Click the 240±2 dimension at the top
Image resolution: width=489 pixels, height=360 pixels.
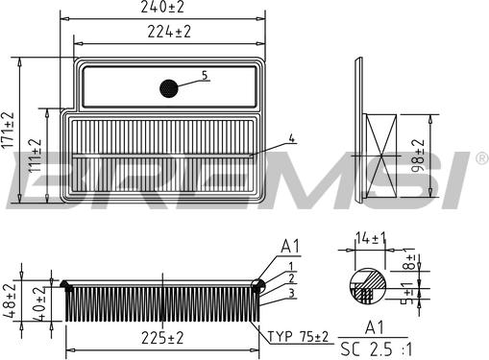tap(162, 7)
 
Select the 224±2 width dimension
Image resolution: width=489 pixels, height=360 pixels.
tap(169, 32)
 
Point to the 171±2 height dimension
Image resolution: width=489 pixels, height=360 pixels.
tap(8, 130)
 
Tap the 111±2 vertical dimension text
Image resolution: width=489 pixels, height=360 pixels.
tap(36, 156)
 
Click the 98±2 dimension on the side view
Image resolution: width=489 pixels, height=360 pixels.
tap(418, 156)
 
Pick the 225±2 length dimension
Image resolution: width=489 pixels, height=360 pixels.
tap(162, 338)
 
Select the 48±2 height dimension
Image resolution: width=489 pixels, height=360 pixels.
tap(10, 300)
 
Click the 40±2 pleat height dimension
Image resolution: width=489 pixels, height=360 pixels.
tap(38, 304)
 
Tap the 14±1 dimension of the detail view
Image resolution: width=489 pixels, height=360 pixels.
tap(371, 238)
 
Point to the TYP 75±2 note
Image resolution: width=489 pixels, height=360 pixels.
tap(298, 337)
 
